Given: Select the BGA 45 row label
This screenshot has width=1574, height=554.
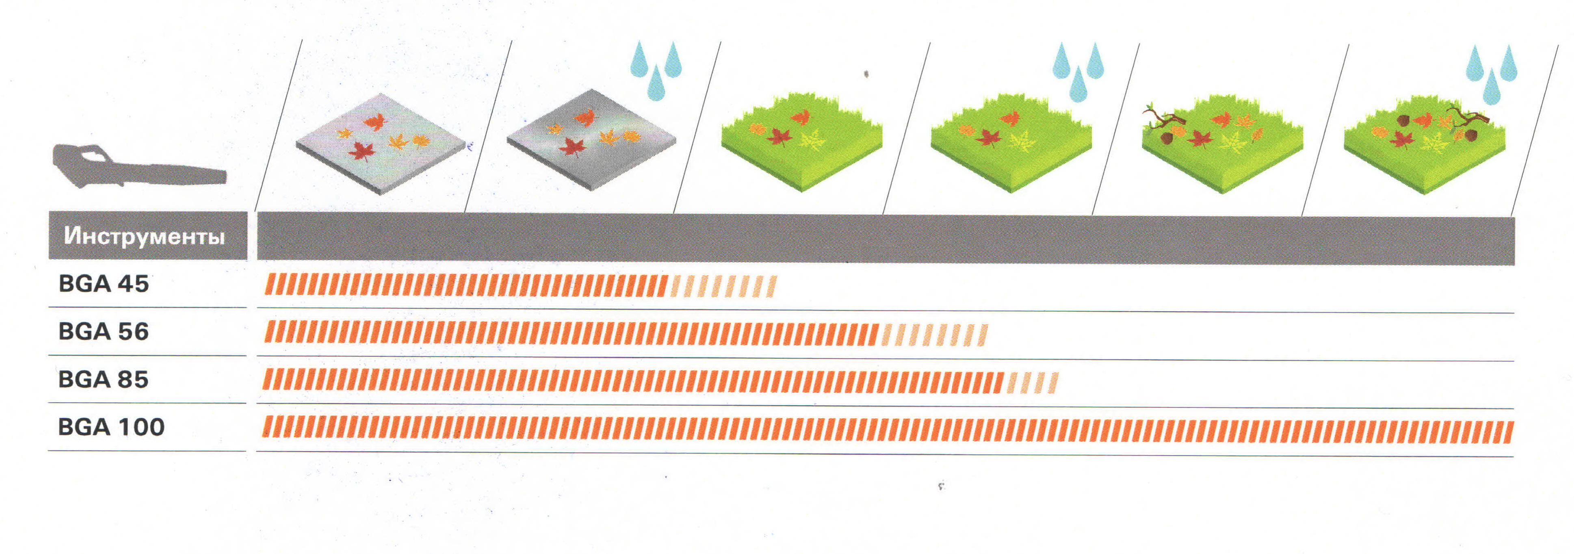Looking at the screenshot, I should tap(104, 284).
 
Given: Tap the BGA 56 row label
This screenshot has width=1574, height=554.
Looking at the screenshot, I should tap(104, 331).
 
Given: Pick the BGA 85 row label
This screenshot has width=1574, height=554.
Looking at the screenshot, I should tap(104, 379).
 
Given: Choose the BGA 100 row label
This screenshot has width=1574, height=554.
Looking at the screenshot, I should tap(111, 427).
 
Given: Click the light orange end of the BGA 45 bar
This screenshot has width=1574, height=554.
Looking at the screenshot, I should tap(724, 286).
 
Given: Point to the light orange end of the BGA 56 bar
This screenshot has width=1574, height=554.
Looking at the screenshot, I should tap(934, 335).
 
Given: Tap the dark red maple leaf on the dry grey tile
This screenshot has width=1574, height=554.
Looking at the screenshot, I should tap(361, 150).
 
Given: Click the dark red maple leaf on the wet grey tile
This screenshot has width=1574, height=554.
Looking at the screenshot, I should tap(573, 147).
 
